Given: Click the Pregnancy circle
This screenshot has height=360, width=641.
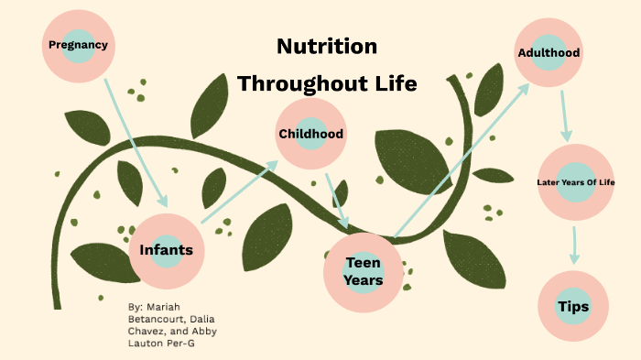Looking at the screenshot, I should pos(79,44).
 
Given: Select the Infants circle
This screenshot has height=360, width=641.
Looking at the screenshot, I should pos(166,250).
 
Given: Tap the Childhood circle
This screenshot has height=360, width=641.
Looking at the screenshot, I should pos(311,134).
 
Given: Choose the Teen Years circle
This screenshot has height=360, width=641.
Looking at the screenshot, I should pos(363,270).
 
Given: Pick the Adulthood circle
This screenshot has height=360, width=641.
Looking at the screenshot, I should pos(549,52).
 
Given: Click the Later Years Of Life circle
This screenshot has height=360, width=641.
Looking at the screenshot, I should pos(575,181).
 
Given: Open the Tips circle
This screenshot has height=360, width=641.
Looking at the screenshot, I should pos(574,306).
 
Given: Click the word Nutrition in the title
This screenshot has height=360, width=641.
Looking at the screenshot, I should pos(327,47).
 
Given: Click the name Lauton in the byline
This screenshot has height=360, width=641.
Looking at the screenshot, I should pos(148,343).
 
